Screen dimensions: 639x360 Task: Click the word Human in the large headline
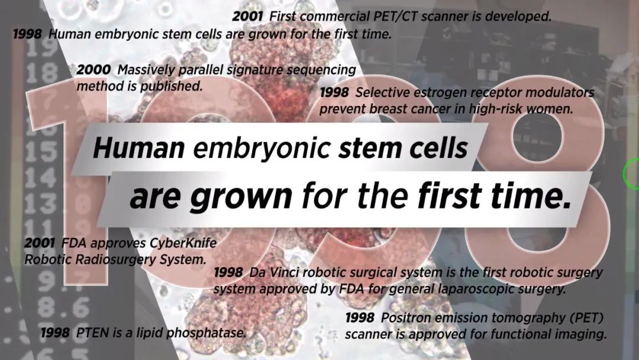tap(139, 147)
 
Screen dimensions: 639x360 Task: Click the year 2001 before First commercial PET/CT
tap(248, 17)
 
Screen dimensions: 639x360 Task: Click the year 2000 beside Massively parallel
tap(93, 70)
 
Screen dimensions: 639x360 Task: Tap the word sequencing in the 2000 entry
tap(321, 70)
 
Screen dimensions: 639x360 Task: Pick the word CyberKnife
tap(183, 243)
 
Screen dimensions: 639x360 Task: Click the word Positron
tap(404, 317)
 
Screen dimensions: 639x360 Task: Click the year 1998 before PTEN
tap(55, 333)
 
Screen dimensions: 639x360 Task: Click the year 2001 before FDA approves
tap(40, 243)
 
